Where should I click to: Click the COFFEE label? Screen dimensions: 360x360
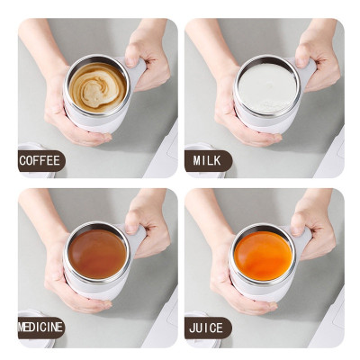point(41,162)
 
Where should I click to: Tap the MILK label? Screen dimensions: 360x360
point(207,162)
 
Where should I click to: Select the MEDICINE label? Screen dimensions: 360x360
point(41,327)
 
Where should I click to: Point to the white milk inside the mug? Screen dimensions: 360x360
point(266,86)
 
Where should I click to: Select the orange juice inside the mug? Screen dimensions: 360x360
point(263,255)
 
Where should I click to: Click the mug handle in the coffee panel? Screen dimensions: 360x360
point(137,72)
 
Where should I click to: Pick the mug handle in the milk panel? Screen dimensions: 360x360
point(306,72)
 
